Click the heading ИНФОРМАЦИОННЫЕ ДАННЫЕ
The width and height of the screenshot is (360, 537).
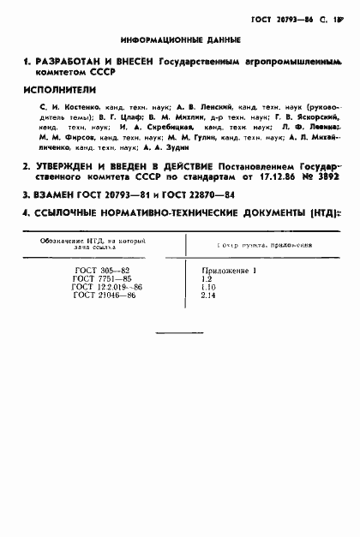[180, 40]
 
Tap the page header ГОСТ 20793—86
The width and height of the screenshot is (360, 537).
[279, 16]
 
